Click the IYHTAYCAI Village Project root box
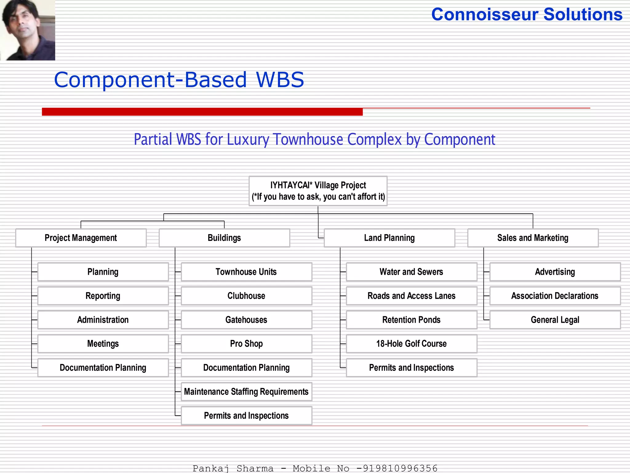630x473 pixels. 318,191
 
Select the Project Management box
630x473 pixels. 81,238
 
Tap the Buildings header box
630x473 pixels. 224,238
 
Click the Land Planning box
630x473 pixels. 389,238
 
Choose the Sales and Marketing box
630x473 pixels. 533,238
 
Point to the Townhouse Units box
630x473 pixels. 246,272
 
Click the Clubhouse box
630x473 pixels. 246,296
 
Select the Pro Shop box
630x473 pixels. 246,344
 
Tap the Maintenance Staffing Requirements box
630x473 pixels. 246,391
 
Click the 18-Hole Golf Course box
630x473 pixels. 411,344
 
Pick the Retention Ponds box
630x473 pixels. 411,320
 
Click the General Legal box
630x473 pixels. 555,320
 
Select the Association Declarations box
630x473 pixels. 555,296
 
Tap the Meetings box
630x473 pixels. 103,344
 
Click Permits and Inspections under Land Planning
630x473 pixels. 411,367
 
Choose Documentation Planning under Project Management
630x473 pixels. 103,367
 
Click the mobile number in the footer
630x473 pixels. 400,468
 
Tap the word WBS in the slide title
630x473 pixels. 280,80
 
